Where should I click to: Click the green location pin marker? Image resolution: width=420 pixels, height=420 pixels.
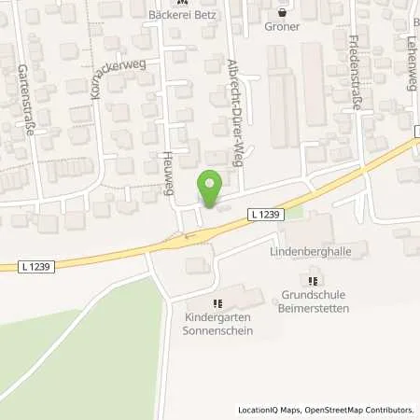[211, 189]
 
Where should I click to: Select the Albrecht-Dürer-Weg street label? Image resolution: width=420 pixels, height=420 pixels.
[236, 101]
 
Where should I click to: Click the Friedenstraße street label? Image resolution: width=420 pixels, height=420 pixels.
[355, 74]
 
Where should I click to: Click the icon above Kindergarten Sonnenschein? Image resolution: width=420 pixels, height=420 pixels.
[217, 303]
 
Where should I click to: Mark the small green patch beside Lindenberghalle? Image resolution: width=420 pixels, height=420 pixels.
[295, 212]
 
